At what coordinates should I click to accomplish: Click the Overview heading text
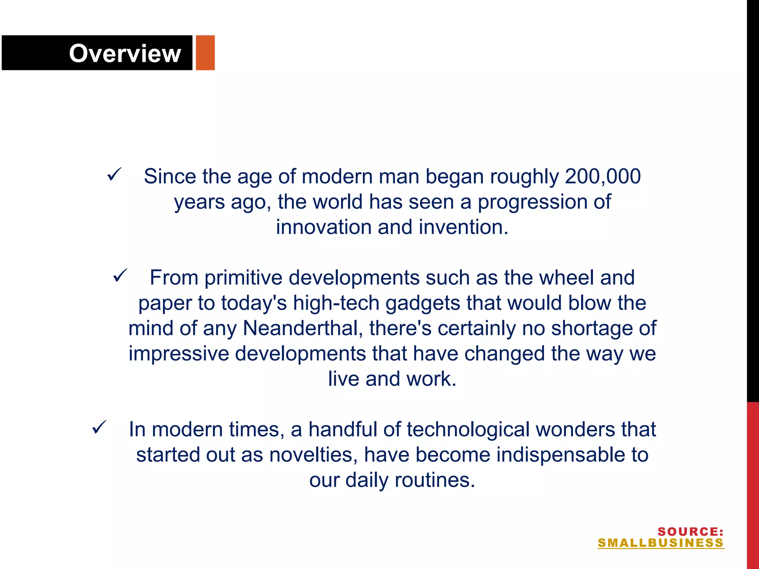point(125,53)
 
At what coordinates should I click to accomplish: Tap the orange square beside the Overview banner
point(205,53)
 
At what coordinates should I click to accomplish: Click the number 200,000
point(603,176)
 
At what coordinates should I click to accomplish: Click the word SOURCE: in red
point(690,532)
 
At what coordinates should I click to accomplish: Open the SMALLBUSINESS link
point(660,543)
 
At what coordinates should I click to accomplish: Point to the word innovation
point(324,227)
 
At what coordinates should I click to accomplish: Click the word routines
point(434,480)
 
